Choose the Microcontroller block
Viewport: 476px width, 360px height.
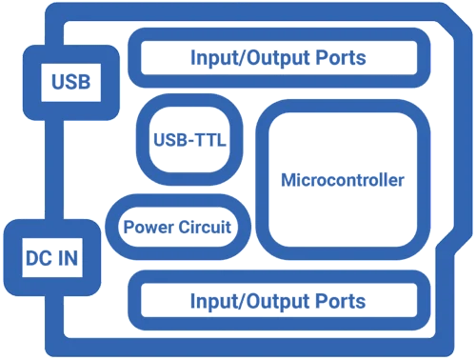344,180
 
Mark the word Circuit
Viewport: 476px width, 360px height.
207,229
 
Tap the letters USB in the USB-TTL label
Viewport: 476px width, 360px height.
168,143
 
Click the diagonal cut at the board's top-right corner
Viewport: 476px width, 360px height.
453,24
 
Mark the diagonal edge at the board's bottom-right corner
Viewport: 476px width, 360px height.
447,250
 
